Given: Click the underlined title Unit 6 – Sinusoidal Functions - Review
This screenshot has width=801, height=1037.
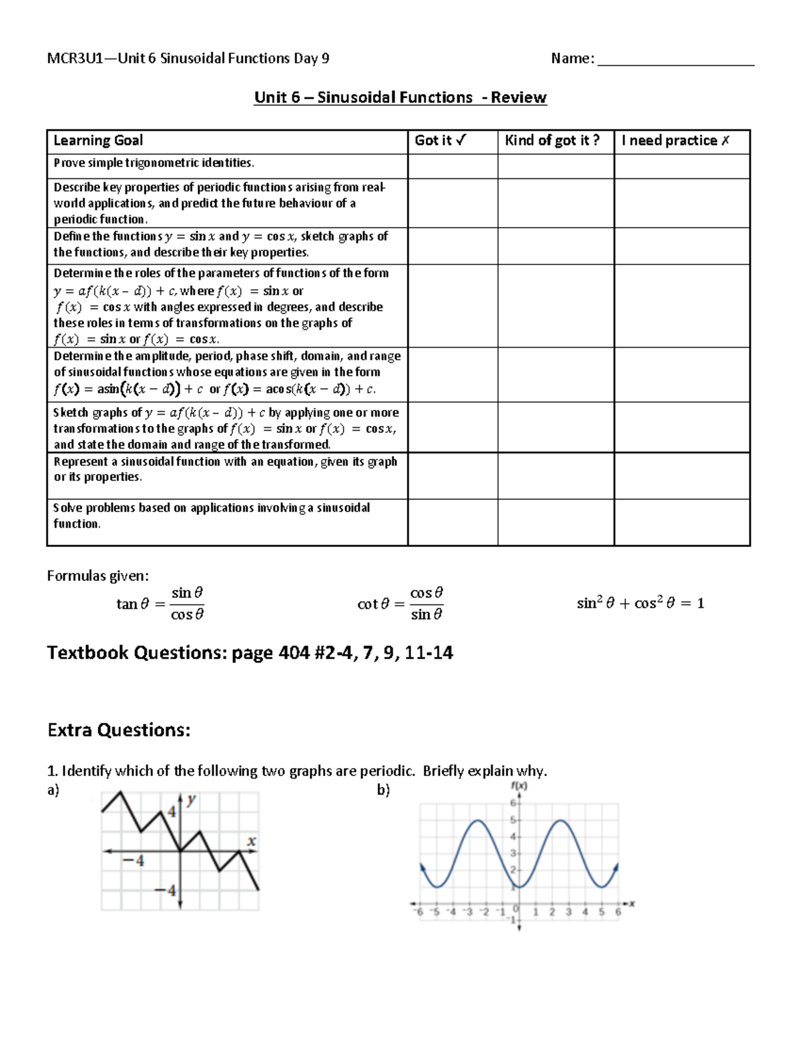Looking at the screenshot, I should (400, 97).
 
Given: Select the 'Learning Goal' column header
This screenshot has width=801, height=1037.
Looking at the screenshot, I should (98, 140).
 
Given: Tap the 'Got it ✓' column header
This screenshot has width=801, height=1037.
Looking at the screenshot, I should (441, 140).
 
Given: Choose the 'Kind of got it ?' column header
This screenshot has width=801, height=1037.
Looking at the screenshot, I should (552, 140).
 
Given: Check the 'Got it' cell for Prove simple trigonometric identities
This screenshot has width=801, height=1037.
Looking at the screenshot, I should (453, 166).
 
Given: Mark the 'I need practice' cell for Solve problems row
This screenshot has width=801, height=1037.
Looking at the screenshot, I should (682, 522).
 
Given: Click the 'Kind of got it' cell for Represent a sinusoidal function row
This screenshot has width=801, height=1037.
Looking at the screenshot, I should (555, 475).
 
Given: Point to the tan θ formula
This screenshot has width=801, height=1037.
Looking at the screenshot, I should (160, 604).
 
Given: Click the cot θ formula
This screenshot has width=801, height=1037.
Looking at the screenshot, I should (400, 604).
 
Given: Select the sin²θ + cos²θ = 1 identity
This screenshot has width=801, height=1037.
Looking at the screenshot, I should (640, 604).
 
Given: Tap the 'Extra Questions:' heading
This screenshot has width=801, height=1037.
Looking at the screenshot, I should (119, 730).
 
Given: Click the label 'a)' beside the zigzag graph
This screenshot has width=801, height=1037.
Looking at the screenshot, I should (53, 790).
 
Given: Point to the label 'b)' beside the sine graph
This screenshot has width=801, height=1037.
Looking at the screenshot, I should (383, 790).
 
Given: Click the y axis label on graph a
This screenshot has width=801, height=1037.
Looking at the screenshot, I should (192, 799).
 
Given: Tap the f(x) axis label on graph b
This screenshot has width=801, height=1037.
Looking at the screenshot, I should (519, 786).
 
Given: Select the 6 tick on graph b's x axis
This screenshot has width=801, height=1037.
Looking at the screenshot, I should (618, 911).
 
